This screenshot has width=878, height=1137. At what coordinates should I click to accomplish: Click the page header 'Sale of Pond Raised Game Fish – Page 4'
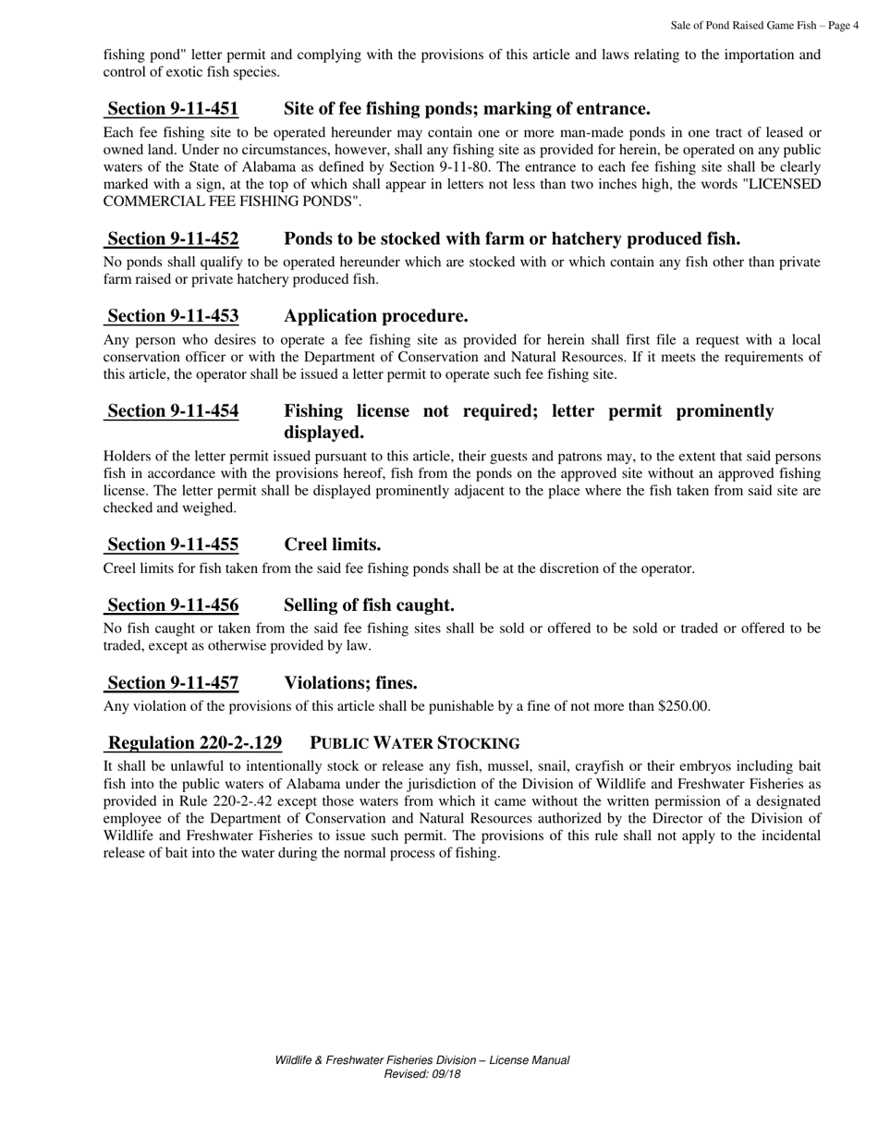[764, 26]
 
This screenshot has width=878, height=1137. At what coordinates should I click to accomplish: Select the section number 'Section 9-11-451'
[173, 109]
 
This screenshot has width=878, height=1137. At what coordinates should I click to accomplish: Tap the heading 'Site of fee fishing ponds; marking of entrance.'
[467, 109]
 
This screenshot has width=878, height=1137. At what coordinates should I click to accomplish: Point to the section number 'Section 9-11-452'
[173, 239]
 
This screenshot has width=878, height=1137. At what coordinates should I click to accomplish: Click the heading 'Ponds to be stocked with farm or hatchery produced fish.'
[512, 239]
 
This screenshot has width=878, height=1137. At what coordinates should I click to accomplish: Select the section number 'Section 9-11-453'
[173, 316]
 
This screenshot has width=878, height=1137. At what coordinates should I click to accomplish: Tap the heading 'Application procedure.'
[375, 316]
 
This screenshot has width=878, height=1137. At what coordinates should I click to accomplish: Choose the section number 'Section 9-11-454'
[173, 411]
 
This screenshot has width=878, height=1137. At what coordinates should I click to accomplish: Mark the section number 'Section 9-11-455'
[173, 544]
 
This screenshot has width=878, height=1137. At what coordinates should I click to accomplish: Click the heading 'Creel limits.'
[332, 544]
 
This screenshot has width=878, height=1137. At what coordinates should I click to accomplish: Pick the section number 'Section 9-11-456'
[173, 605]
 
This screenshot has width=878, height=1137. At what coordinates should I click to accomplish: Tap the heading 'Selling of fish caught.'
[369, 605]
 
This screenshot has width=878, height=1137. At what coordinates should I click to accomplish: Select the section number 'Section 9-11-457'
[173, 683]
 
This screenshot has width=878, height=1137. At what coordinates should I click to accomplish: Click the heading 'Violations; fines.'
[350, 683]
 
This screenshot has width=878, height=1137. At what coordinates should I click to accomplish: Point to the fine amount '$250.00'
[683, 706]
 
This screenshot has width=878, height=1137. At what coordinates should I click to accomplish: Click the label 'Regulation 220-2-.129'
[194, 743]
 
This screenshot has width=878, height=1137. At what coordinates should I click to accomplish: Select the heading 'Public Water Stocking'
[414, 743]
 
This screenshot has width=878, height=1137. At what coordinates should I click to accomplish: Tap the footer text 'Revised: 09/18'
[421, 1074]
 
